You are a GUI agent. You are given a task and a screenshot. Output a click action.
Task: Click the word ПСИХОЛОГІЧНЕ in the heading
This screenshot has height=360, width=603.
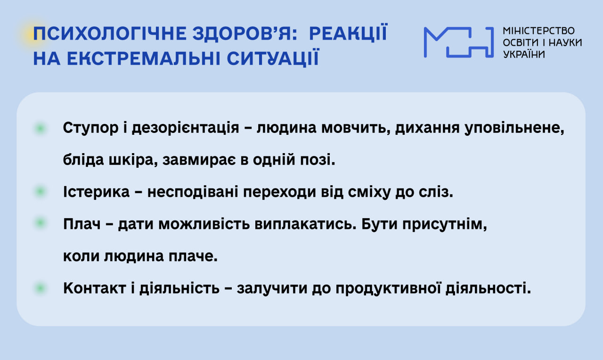pos(110,34)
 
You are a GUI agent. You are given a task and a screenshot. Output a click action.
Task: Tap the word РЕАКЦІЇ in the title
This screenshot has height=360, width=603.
pos(348,33)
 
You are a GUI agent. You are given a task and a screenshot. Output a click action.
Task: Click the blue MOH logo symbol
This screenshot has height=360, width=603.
pos(459,42)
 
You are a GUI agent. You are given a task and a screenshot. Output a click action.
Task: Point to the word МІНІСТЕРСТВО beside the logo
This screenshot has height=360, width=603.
pos(538,31)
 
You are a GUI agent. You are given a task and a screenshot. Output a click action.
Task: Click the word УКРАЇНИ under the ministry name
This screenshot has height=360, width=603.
pos(524,54)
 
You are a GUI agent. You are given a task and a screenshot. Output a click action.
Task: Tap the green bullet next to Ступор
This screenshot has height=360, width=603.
pos(41,128)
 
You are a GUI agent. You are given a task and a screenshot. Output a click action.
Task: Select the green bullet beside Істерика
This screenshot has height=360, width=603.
pos(41,192)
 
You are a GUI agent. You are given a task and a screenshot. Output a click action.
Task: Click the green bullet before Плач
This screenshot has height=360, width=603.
pos(41,223)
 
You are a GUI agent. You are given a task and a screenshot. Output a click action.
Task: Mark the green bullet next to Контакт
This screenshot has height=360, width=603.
pos(41,288)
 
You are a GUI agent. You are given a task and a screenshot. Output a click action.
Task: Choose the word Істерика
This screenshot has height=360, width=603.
pos(96,192)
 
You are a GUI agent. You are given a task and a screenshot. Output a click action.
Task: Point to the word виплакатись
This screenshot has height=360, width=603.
pos(306,224)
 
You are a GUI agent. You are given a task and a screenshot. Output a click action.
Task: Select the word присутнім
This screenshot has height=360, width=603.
pos(445,224)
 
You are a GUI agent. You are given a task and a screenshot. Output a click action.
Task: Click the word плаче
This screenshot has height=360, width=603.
pos(193,256)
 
